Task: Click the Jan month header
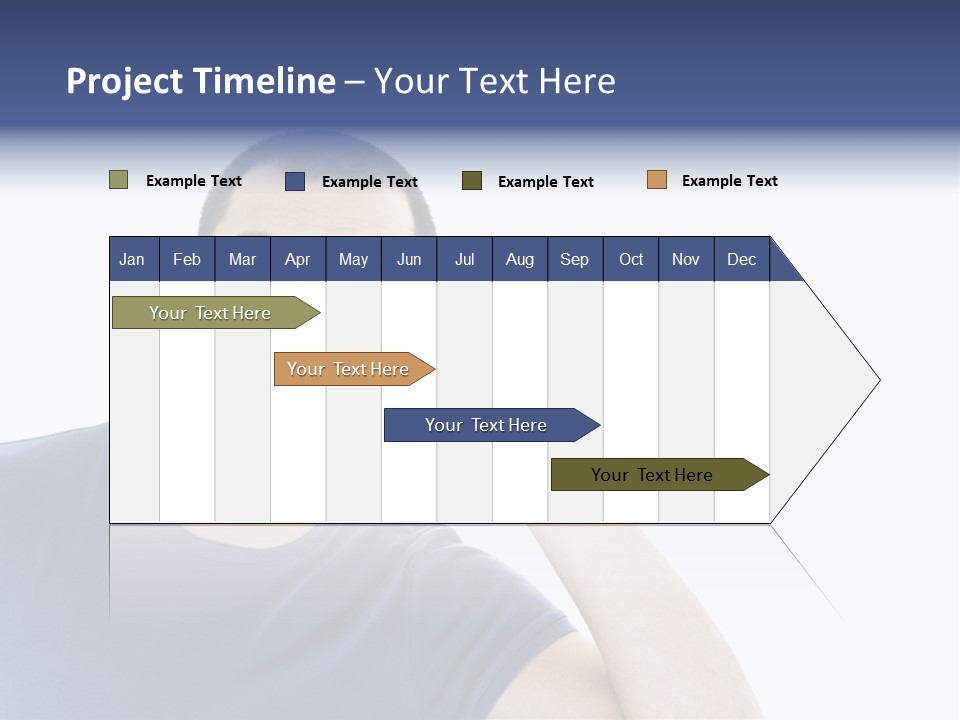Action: click(x=133, y=259)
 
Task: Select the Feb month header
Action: click(x=187, y=259)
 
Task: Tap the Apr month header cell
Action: click(x=298, y=259)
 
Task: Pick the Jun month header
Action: click(x=409, y=259)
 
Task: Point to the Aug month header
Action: click(x=520, y=259)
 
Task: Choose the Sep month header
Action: click(x=575, y=259)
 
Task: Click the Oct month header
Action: click(x=631, y=259)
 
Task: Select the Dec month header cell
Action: click(x=742, y=259)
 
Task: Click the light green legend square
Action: click(x=119, y=180)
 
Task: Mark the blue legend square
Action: click(x=295, y=181)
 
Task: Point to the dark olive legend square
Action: click(x=472, y=181)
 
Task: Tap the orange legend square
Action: click(x=657, y=180)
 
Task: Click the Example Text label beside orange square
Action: click(x=729, y=181)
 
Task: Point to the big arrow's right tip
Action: click(x=878, y=380)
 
